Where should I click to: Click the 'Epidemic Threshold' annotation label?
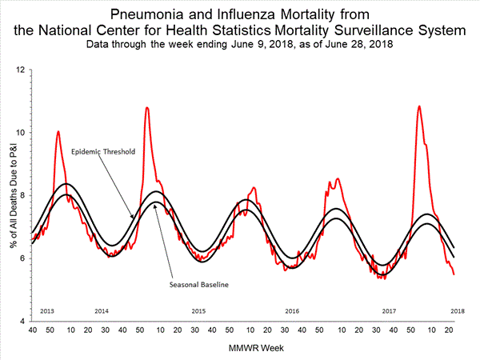point(102,151)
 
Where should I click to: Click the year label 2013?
point(47,310)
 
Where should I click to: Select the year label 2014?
point(102,310)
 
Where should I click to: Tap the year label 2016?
point(293,310)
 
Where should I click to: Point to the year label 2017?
point(389,310)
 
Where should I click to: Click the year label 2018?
point(458,310)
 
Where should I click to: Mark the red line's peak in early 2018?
point(419,106)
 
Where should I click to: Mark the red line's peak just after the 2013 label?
point(58,131)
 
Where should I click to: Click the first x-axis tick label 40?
point(32,330)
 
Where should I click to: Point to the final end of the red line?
point(454,274)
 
